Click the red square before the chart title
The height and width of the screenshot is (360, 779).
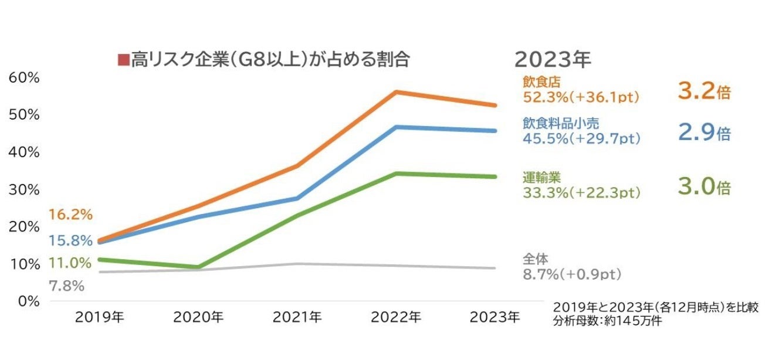(123, 60)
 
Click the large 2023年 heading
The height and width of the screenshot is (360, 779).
(553, 59)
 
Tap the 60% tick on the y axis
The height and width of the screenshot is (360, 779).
(23, 77)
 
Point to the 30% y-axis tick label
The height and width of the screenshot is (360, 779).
(23, 189)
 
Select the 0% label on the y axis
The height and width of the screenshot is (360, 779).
(27, 301)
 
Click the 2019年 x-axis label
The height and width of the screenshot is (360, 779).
(100, 317)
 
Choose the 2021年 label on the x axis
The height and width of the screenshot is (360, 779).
(297, 317)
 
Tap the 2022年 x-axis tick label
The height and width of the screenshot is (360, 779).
(397, 317)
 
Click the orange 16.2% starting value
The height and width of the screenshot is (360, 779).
(70, 215)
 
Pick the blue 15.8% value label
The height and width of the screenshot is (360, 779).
(70, 240)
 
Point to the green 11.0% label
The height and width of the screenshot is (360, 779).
(70, 263)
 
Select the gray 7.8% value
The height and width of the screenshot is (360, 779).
(66, 286)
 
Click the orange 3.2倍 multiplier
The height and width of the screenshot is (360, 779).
(704, 91)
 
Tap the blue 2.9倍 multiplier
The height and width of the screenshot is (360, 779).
(704, 133)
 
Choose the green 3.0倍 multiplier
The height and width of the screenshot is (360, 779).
(704, 187)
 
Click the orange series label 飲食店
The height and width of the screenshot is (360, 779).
(538, 83)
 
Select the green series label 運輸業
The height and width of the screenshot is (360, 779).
(538, 178)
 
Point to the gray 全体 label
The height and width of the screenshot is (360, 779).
(536, 259)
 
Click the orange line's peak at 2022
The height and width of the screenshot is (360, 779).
(397, 92)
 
